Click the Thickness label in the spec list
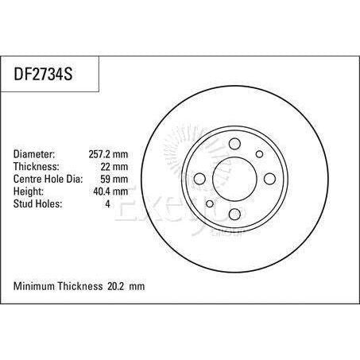click(37, 167)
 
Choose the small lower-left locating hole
click(210, 203)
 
